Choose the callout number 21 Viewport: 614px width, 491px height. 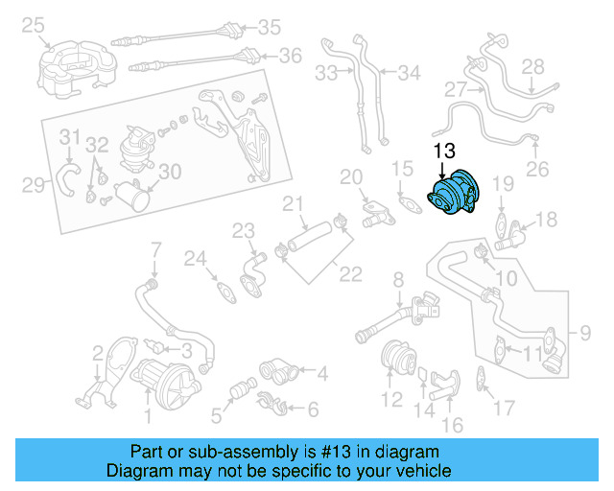click(293, 204)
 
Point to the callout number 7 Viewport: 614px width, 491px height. click(154, 252)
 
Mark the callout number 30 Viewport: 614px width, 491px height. click(169, 172)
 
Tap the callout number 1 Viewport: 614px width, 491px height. click(147, 415)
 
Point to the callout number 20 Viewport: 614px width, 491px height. click(351, 177)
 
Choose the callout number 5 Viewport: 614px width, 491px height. click(217, 415)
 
